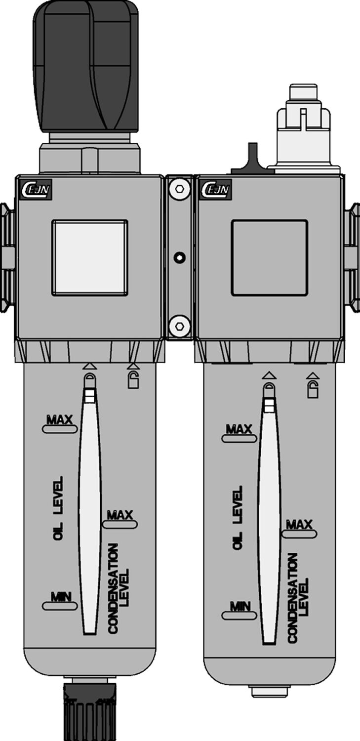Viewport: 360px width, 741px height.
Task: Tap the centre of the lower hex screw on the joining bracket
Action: click(x=179, y=326)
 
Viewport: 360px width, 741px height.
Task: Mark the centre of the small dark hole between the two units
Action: click(x=179, y=257)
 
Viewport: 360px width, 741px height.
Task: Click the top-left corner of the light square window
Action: click(x=52, y=220)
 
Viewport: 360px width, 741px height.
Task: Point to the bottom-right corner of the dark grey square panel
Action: click(x=308, y=296)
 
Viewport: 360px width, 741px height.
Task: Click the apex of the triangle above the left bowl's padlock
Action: click(x=133, y=363)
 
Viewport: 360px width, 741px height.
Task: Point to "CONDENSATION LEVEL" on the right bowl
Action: click(x=298, y=598)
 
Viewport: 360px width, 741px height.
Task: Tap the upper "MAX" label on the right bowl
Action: click(x=239, y=429)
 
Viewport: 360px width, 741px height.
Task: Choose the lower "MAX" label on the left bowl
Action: click(x=120, y=515)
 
